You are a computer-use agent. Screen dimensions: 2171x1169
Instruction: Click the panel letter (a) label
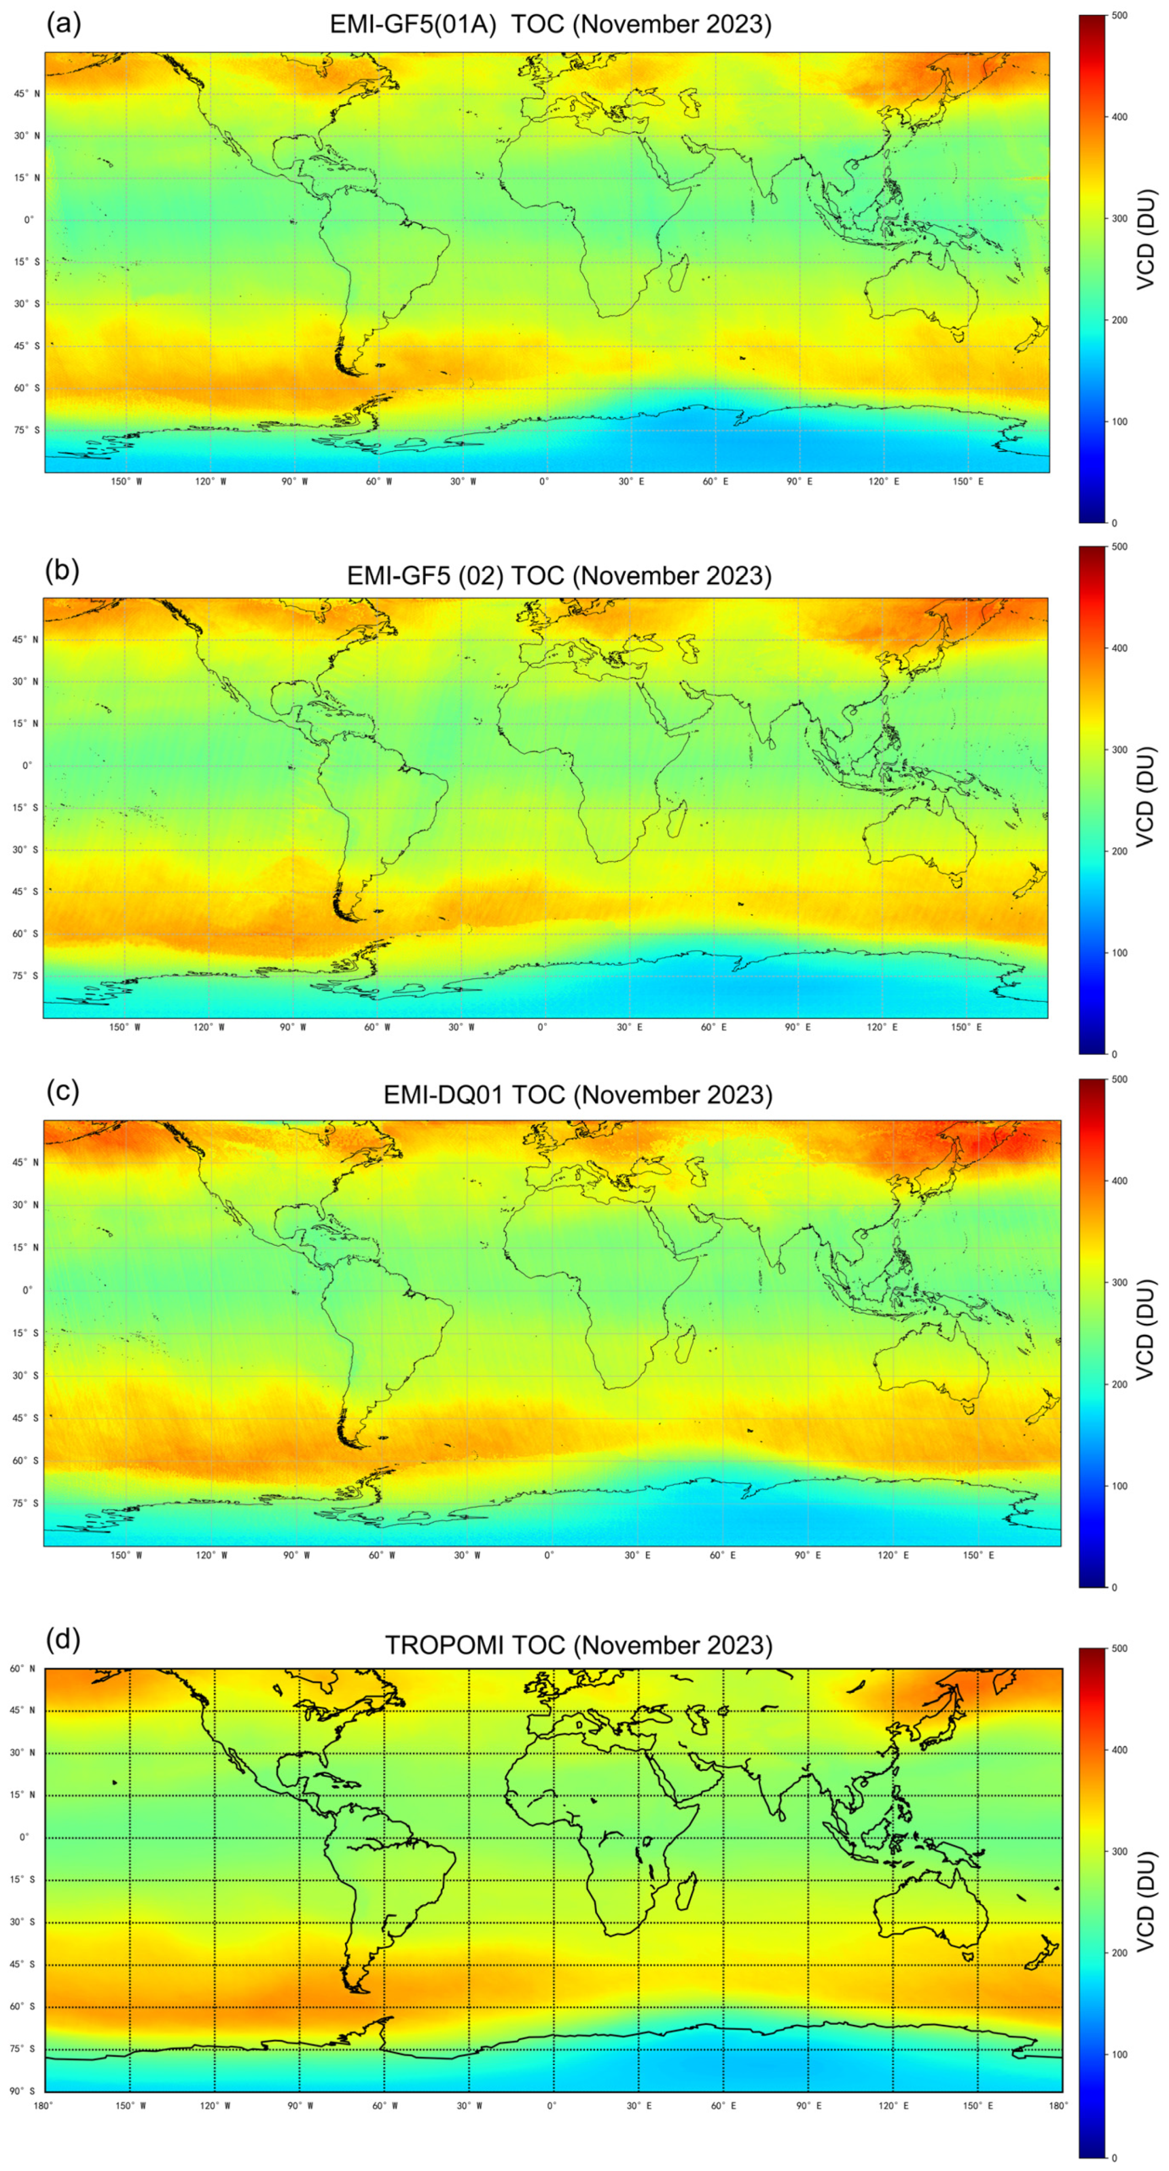click(x=63, y=24)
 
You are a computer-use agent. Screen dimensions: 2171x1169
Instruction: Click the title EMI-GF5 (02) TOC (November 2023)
click(x=559, y=576)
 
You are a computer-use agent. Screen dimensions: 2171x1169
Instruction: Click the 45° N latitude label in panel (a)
click(x=26, y=94)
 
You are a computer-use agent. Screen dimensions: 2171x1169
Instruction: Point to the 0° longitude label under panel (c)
click(x=549, y=1555)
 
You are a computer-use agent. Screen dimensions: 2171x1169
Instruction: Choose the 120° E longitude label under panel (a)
click(x=884, y=481)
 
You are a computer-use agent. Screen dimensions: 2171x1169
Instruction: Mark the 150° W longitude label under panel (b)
click(x=124, y=1028)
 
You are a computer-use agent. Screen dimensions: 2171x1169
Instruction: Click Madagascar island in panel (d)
click(x=686, y=1890)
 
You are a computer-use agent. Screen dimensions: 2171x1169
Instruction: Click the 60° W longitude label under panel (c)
click(x=382, y=1555)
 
